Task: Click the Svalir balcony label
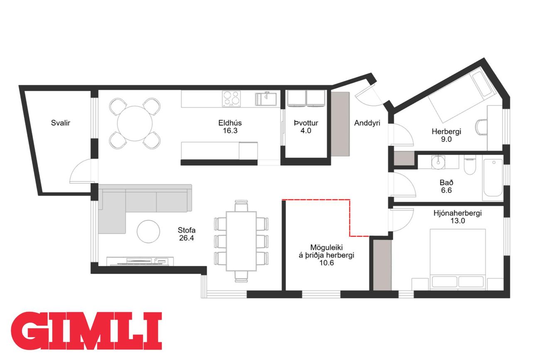tap(61, 123)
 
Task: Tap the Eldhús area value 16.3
tap(230, 131)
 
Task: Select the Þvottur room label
tap(306, 123)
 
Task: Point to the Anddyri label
tap(367, 123)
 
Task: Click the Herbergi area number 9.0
tap(446, 139)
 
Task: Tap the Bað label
tap(447, 182)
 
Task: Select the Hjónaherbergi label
tap(458, 213)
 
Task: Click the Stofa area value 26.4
tap(187, 238)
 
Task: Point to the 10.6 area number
tap(326, 263)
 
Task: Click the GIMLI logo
tap(86, 331)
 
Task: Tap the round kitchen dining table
tap(135, 123)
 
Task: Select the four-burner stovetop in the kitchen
tap(231, 98)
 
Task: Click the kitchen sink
tap(266, 98)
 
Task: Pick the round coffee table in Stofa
tap(148, 232)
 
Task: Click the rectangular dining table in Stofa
tap(241, 241)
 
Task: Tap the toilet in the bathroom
tap(470, 165)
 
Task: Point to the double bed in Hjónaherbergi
tap(458, 260)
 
